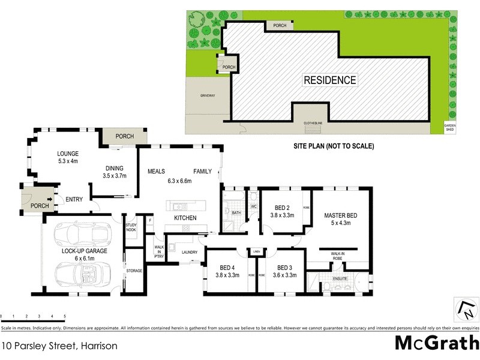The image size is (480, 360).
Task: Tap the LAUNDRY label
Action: click(x=190, y=252)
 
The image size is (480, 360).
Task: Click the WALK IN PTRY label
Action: click(x=159, y=251)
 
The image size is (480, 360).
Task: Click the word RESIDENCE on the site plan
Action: click(x=329, y=80)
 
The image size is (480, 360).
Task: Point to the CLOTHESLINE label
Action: click(x=313, y=122)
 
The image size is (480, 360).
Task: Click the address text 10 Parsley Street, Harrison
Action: click(x=59, y=346)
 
